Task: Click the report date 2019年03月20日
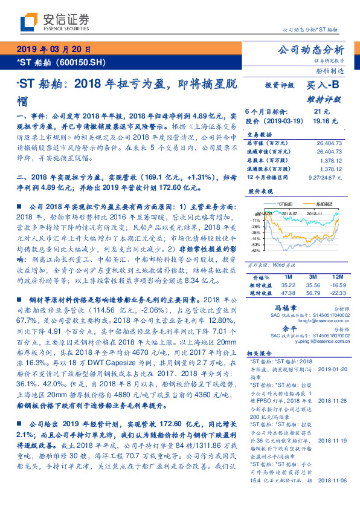[53, 50]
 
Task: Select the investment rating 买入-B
[323, 86]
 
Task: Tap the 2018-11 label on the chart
[314, 213]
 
